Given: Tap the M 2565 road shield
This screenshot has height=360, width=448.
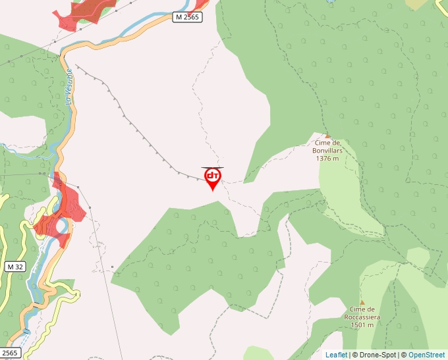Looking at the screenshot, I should click(188, 17).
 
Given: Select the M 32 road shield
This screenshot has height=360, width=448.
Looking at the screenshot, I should click(15, 267).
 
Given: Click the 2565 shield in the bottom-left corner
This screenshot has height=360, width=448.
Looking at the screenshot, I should click(10, 353).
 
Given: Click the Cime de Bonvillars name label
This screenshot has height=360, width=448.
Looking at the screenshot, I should click(327, 146).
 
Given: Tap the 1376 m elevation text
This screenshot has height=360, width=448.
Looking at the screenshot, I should click(327, 158).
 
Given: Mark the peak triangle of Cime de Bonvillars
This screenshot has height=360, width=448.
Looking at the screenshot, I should click(327, 136).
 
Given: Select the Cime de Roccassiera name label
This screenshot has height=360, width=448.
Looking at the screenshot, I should click(362, 313).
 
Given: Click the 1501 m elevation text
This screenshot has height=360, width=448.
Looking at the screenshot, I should click(362, 324).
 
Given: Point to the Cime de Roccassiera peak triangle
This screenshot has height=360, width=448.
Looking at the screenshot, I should click(362, 302).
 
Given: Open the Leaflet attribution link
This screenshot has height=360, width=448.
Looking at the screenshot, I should click(336, 355).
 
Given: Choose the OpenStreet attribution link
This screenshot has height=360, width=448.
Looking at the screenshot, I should click(426, 355).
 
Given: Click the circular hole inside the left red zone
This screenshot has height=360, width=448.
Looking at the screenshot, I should click(61, 226).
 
